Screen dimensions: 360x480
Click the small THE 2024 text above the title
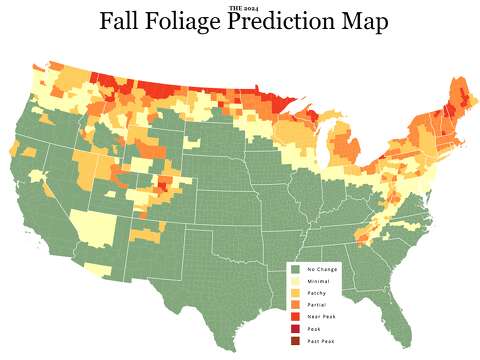(240, 7)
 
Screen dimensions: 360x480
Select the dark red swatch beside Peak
(295, 329)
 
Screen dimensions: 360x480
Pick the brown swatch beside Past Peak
(295, 341)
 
